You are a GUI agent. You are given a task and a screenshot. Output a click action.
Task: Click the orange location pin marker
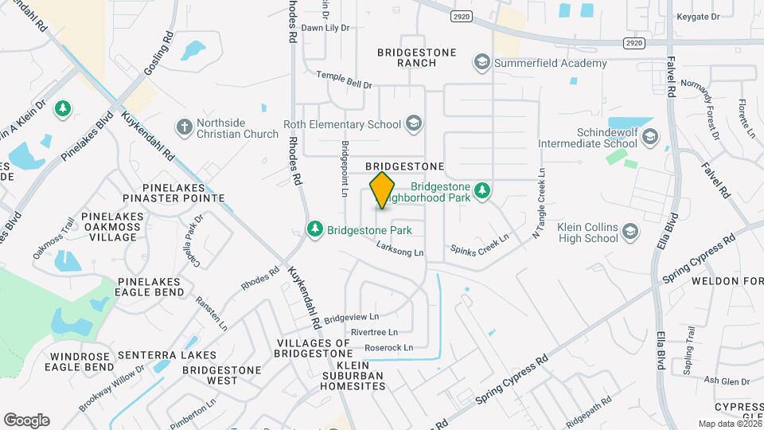coord(382,190)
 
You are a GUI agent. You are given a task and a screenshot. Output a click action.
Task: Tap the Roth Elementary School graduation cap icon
coord(413,123)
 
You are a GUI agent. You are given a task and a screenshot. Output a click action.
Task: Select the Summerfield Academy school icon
coord(481,62)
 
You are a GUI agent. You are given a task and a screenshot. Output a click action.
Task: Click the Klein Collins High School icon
coord(630,232)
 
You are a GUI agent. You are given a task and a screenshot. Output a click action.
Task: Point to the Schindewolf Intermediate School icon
coord(650,136)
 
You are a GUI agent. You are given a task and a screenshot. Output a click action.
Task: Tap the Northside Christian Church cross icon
coord(184,127)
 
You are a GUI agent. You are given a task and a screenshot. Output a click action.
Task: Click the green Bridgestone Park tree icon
coord(316,229)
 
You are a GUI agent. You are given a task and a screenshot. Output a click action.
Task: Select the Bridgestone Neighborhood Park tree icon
coord(481,190)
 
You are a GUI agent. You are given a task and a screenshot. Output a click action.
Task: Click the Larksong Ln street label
coord(401,252)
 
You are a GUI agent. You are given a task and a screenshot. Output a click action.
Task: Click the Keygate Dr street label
coord(697,17)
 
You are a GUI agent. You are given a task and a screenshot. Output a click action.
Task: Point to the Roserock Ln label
coord(389,348)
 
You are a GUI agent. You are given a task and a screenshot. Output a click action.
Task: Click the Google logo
coord(26,420)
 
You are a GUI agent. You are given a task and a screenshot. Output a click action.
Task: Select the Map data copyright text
coord(729,424)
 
